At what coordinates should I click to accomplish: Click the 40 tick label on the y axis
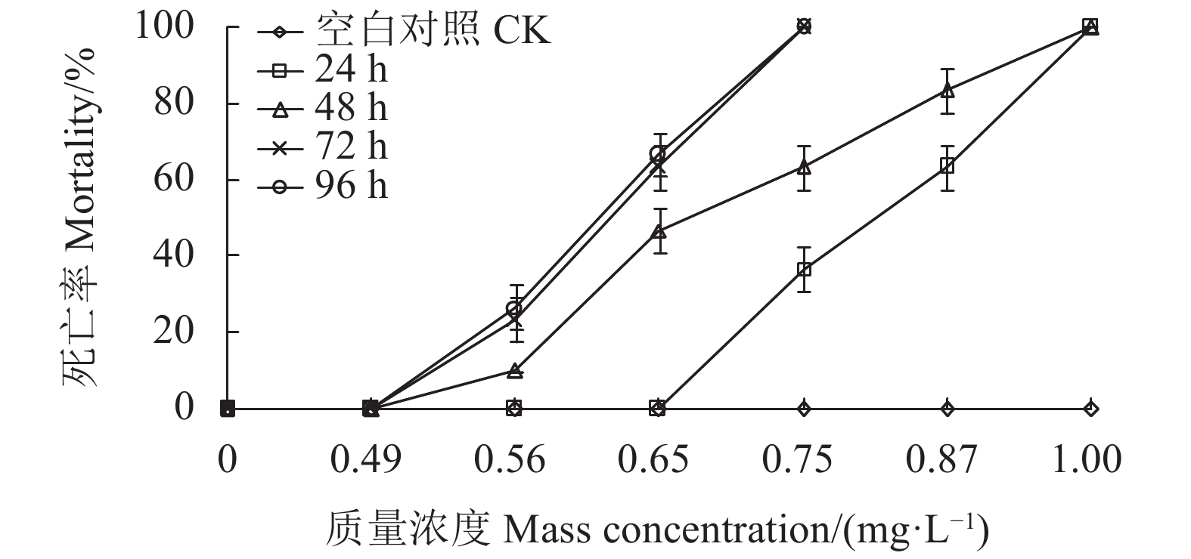[x=174, y=255]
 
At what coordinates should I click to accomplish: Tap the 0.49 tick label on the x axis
[x=367, y=459]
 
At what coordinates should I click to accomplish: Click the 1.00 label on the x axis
[x=1087, y=459]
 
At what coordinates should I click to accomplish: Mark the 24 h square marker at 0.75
[x=804, y=270]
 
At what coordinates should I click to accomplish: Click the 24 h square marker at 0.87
[x=947, y=165]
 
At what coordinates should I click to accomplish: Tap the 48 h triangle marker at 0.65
[x=659, y=231]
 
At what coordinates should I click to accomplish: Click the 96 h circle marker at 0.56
[x=514, y=309]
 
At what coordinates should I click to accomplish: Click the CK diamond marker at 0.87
[x=947, y=409]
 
